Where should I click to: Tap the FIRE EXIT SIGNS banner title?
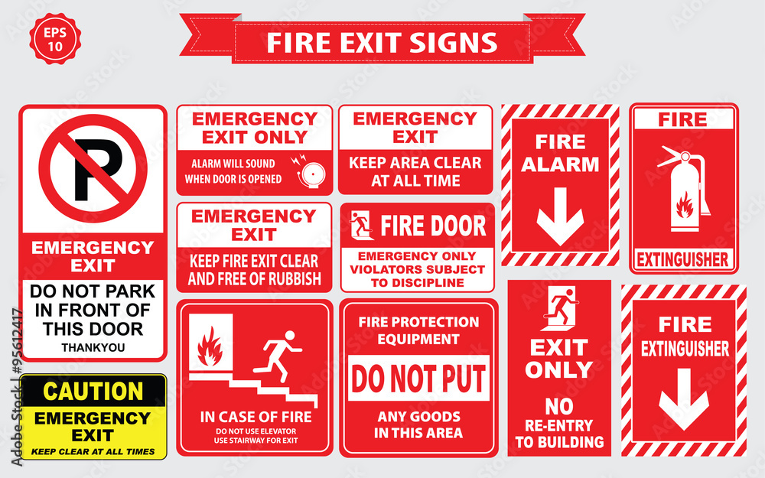(x=382, y=42)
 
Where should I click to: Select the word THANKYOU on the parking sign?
(x=93, y=347)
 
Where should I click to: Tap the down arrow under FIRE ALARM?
(x=560, y=216)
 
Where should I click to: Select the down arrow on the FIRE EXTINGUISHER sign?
(x=683, y=400)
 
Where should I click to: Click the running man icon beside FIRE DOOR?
(x=360, y=226)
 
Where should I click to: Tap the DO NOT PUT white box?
(x=418, y=379)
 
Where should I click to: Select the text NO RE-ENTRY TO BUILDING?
(x=559, y=424)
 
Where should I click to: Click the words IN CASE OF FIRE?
(x=256, y=418)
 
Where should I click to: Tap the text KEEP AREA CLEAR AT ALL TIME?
(x=415, y=171)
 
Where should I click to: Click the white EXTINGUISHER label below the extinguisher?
(x=683, y=260)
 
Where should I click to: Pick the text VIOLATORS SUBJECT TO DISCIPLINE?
(x=418, y=275)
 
